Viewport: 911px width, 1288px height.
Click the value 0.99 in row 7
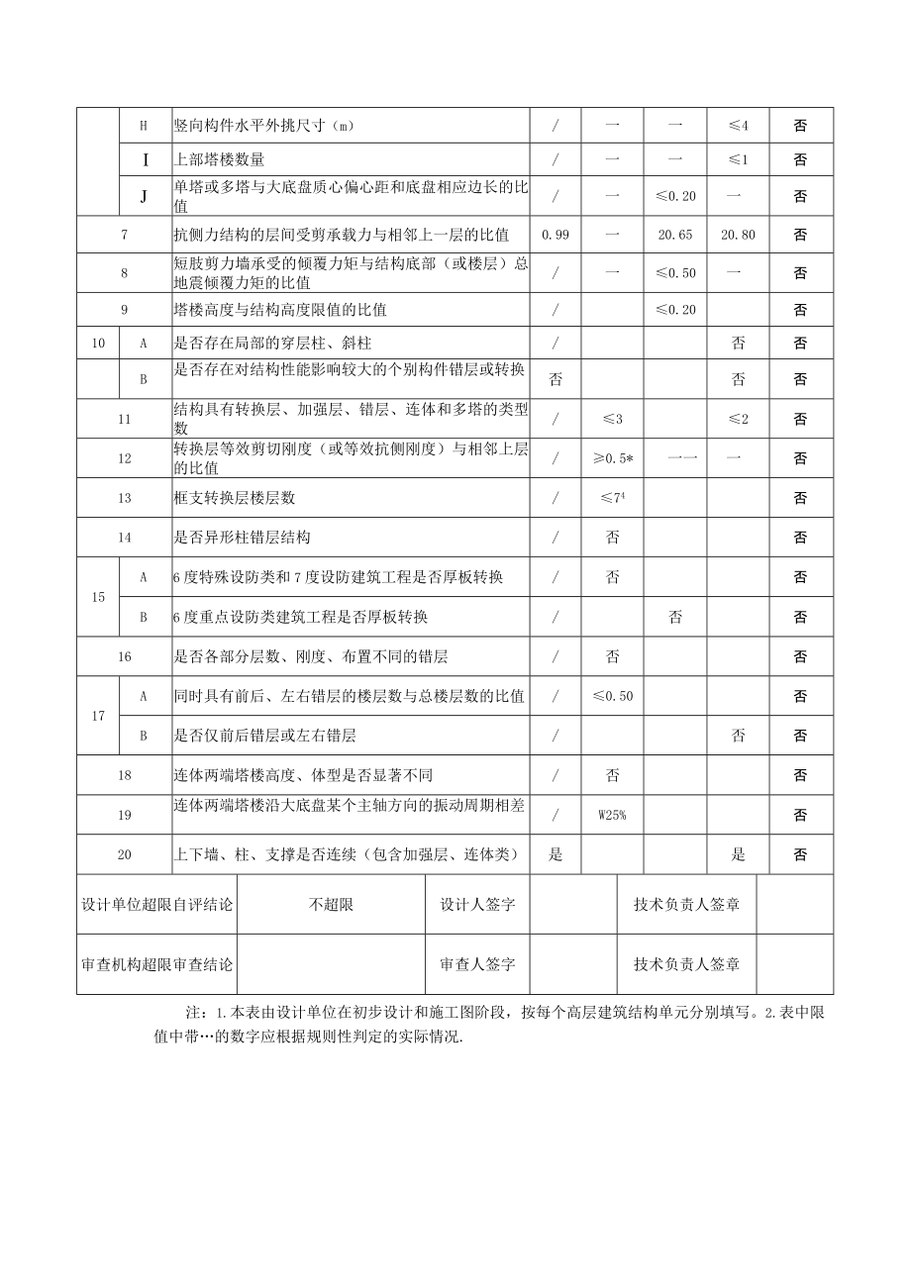click(x=556, y=235)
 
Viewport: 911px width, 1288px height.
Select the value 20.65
click(x=675, y=235)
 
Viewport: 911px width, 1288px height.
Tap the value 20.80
click(x=738, y=235)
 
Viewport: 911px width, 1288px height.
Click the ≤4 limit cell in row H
click(x=738, y=126)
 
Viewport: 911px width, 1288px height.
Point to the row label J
click(x=143, y=196)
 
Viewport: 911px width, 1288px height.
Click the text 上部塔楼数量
click(x=220, y=159)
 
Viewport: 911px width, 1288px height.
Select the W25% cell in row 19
click(x=612, y=815)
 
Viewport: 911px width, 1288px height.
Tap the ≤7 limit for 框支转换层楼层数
click(x=612, y=498)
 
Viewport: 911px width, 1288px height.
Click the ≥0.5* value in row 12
click(x=612, y=458)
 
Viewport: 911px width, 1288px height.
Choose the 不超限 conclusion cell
click(x=331, y=904)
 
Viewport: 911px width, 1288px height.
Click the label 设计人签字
click(x=477, y=904)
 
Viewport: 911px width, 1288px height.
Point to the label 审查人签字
click(x=477, y=964)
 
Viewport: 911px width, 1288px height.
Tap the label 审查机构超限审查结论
click(x=156, y=964)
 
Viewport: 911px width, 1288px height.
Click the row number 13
click(x=124, y=498)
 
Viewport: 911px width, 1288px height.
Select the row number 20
click(x=124, y=854)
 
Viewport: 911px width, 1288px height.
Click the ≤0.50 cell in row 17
click(x=612, y=696)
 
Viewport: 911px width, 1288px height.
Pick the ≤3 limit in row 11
click(x=612, y=419)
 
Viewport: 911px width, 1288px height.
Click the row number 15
click(x=98, y=597)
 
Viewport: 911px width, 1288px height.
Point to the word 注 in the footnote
click(x=192, y=1014)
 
